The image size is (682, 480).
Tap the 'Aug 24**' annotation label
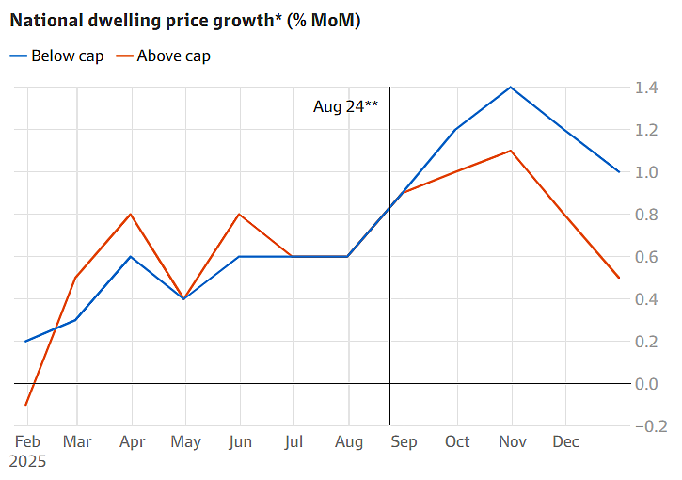pos(345,106)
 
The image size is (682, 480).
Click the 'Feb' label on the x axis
pos(27,440)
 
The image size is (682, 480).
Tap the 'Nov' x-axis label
pos(512,440)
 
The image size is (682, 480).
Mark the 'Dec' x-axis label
pos(565,440)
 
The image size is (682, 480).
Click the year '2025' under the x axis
pos(27,461)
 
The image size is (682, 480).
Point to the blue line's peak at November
pos(511,88)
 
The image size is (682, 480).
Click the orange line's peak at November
pos(511,151)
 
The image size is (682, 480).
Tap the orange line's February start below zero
pos(25,405)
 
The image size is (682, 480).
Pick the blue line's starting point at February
pos(25,341)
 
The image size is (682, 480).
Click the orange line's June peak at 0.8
pos(240,215)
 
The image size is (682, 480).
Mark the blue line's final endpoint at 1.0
pos(619,172)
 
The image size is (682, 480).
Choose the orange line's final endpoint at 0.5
pos(619,278)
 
